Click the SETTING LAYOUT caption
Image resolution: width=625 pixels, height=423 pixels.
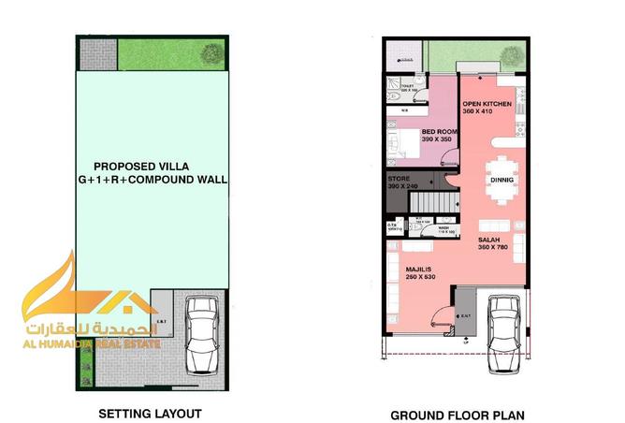(150, 412)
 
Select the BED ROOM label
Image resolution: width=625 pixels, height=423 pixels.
(438, 132)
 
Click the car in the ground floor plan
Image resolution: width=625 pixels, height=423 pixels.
(506, 330)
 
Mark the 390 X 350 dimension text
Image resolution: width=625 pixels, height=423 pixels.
(437, 139)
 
